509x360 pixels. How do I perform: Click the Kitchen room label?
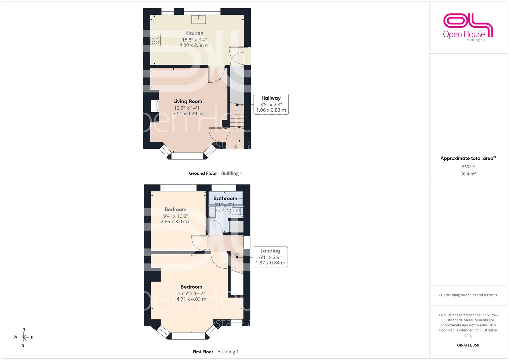[194, 33]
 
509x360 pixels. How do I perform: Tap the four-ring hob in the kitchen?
[155, 40]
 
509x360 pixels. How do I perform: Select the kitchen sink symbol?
[198, 19]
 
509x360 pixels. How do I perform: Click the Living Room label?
[187, 101]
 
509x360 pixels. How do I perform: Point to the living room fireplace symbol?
[155, 106]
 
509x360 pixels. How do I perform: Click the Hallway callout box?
[271, 104]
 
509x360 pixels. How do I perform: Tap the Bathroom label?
[225, 198]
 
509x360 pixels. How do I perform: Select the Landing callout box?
[270, 257]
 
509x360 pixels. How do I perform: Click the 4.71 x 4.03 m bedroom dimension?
[191, 299]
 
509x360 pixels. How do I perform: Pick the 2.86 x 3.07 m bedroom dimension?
[175, 221]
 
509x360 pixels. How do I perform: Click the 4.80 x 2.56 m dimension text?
[194, 45]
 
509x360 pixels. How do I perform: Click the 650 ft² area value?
[468, 167]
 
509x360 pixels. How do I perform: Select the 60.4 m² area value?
[468, 174]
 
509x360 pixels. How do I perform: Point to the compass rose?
[23, 337]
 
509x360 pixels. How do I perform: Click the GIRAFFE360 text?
[468, 345]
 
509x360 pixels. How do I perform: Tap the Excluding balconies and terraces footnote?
[468, 295]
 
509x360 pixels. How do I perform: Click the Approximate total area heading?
[468, 158]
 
